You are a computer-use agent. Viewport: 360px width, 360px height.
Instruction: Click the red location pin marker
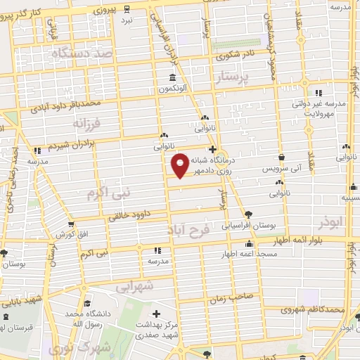coord(180,165)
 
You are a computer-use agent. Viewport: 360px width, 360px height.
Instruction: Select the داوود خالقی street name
coord(131,218)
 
